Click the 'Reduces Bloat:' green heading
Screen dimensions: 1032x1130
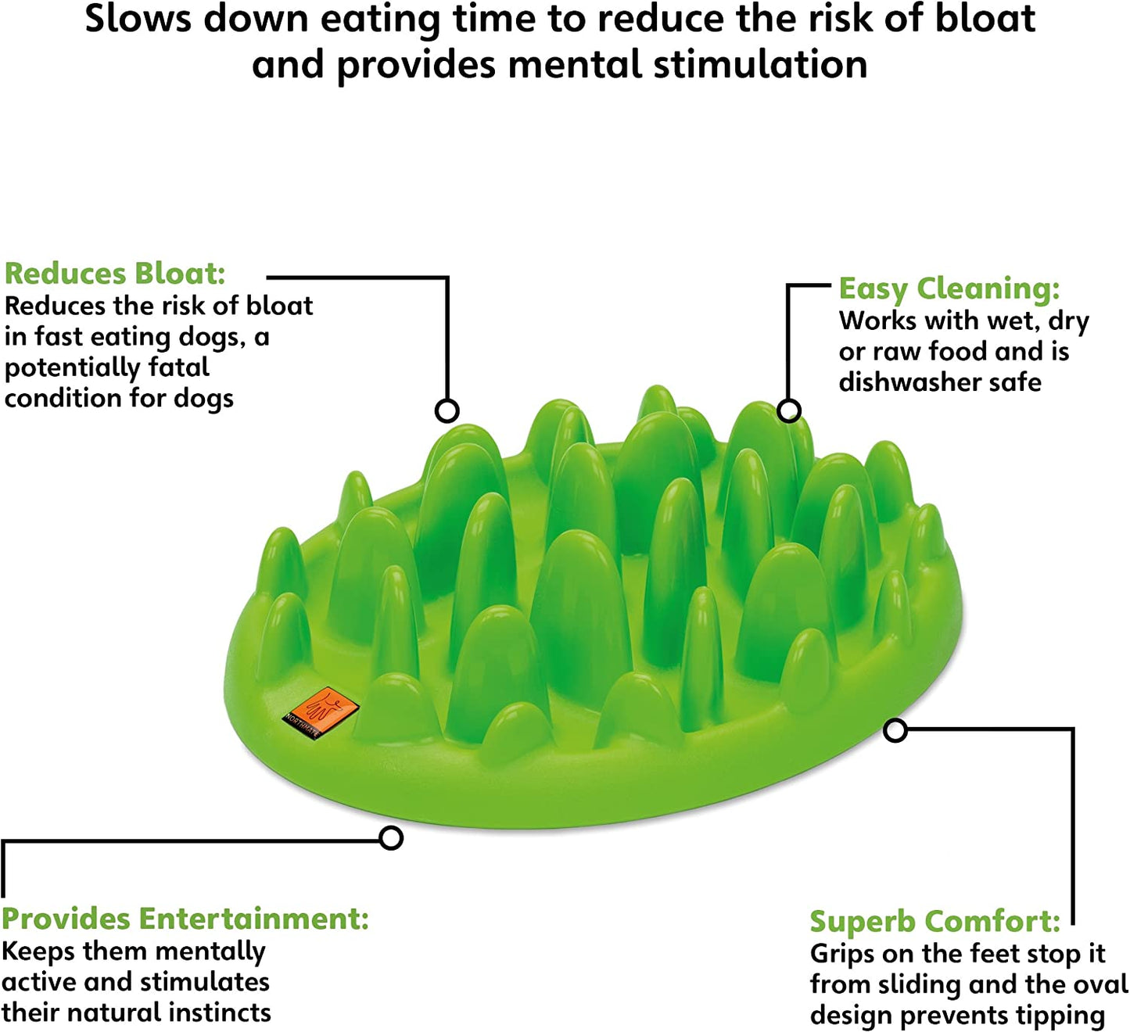click(x=115, y=274)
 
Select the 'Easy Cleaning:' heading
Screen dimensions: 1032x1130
click(x=949, y=288)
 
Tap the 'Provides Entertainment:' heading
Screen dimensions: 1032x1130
click(x=185, y=919)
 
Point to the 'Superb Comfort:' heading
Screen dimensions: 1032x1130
click(x=934, y=922)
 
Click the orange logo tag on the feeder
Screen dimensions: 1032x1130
click(x=321, y=711)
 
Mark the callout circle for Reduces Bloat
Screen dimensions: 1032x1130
click(x=447, y=410)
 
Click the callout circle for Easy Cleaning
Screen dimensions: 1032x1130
click(x=789, y=410)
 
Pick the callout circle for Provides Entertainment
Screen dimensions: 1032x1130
click(x=391, y=838)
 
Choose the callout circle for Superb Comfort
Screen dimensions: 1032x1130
click(x=895, y=730)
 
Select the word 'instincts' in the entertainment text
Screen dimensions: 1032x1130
click(x=220, y=1012)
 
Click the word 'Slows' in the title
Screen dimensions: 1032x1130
click(x=138, y=20)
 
